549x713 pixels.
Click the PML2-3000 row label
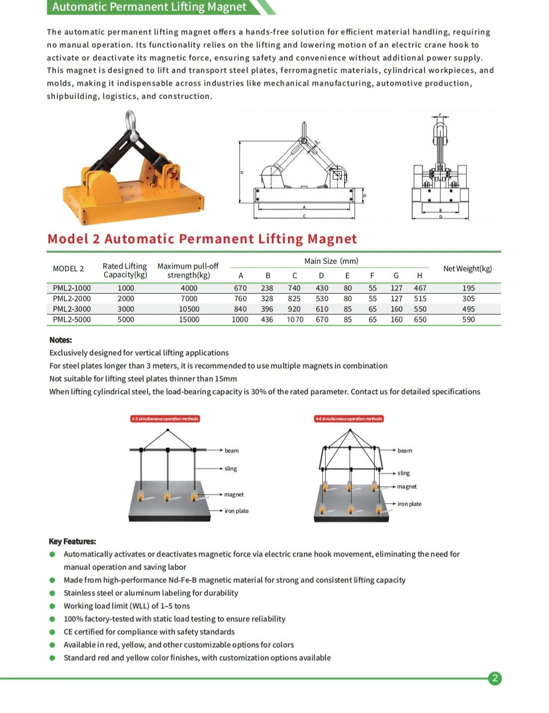pyautogui.click(x=72, y=309)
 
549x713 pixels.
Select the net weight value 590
pyautogui.click(x=468, y=319)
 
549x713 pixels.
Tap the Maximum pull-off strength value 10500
pyautogui.click(x=189, y=309)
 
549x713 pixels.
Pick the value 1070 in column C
pyautogui.click(x=295, y=319)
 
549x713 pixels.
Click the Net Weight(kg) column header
pyautogui.click(x=467, y=269)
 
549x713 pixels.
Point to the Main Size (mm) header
pyautogui.click(x=331, y=261)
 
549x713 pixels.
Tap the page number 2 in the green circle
pyautogui.click(x=495, y=678)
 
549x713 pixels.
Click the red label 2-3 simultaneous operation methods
pyautogui.click(x=165, y=419)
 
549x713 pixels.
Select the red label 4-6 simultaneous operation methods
pyautogui.click(x=349, y=419)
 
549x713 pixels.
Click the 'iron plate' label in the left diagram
pyautogui.click(x=237, y=511)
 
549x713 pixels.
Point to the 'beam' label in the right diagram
pyautogui.click(x=405, y=450)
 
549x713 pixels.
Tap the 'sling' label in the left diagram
pyautogui.click(x=231, y=468)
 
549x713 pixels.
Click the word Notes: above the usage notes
pyautogui.click(x=60, y=340)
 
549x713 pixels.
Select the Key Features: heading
pyautogui.click(x=72, y=541)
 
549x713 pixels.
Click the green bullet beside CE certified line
pyautogui.click(x=52, y=632)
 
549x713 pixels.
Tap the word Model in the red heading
pyautogui.click(x=68, y=239)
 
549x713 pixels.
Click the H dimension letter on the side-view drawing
pyautogui.click(x=242, y=172)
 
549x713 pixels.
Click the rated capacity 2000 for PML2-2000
pyautogui.click(x=126, y=298)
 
